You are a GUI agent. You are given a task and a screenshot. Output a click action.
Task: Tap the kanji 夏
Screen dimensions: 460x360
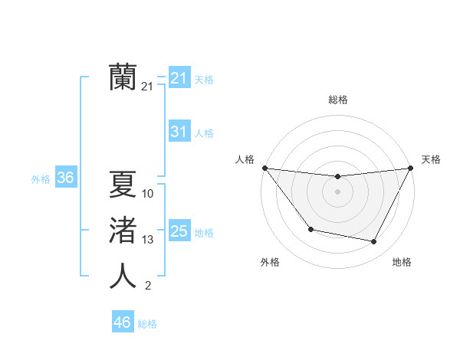[x=123, y=184]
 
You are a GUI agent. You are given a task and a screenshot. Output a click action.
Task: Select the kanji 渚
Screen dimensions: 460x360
[x=123, y=230]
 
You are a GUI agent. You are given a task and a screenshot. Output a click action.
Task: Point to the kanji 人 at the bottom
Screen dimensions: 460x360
[x=123, y=276]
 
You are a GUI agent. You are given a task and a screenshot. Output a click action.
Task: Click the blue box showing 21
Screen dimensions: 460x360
[x=179, y=77]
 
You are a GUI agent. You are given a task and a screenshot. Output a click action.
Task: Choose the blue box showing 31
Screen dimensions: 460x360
[x=179, y=132]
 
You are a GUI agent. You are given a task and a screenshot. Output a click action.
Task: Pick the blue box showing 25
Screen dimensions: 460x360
[x=179, y=231]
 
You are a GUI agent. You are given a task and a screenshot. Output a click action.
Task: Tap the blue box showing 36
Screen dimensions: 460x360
[x=65, y=178]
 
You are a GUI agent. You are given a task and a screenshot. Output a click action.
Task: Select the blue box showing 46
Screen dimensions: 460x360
[x=122, y=322]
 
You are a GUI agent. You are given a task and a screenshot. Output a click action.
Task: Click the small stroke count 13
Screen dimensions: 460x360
[x=148, y=240]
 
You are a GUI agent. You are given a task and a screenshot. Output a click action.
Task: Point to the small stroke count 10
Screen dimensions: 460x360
[x=148, y=194]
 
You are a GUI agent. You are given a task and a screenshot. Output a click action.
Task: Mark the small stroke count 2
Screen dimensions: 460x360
[x=148, y=286]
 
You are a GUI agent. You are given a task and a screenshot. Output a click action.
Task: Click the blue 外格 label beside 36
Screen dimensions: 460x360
[x=41, y=179]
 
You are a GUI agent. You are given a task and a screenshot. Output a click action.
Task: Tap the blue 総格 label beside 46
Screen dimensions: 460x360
[x=147, y=324]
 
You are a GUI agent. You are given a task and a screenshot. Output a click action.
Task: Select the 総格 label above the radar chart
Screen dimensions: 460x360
[x=337, y=100]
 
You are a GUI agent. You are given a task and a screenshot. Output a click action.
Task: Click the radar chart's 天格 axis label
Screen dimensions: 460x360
[x=431, y=159]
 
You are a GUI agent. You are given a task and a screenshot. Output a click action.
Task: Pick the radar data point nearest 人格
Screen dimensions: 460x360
[x=264, y=168]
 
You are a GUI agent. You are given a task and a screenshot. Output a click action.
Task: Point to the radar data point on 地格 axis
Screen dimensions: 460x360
[x=374, y=242]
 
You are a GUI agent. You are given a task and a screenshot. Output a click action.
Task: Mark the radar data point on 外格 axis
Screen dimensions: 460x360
[x=310, y=229]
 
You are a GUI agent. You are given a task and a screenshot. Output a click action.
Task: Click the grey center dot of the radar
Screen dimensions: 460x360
[x=337, y=191]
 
